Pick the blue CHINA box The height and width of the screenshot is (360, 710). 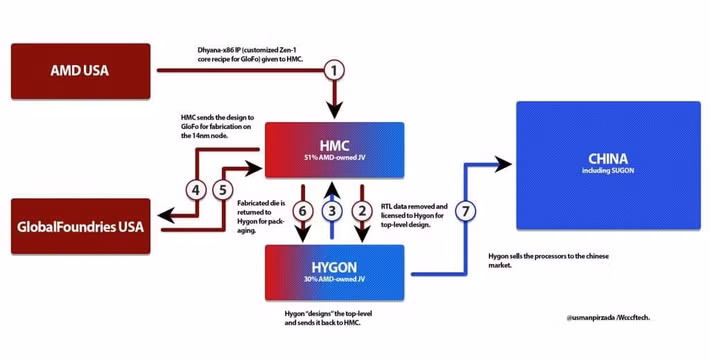[607, 165]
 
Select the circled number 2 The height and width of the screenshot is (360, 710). [364, 211]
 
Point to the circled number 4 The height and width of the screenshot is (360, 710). [197, 188]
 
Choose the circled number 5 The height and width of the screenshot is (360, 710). [225, 188]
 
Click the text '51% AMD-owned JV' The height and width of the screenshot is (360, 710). [332, 158]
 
